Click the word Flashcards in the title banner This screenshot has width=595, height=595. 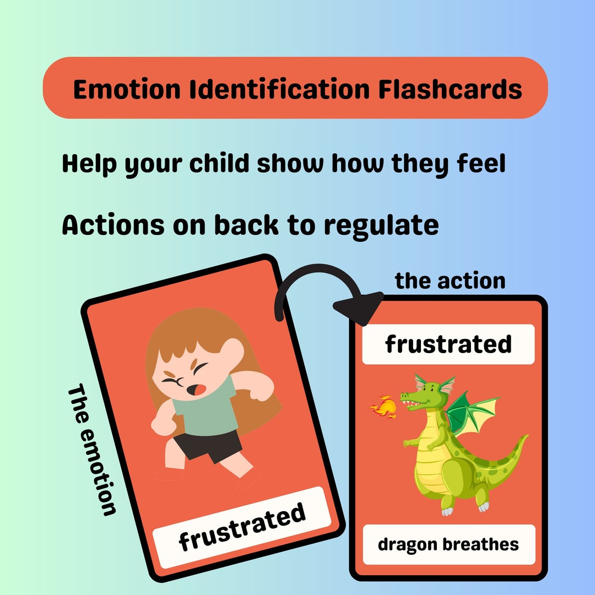click(450, 89)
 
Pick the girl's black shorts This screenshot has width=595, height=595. click(207, 444)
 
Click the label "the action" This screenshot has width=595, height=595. click(450, 280)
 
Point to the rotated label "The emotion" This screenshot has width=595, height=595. click(91, 449)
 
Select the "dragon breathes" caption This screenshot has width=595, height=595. click(448, 544)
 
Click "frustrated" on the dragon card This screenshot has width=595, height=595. click(448, 344)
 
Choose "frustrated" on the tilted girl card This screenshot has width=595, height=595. click(242, 526)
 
